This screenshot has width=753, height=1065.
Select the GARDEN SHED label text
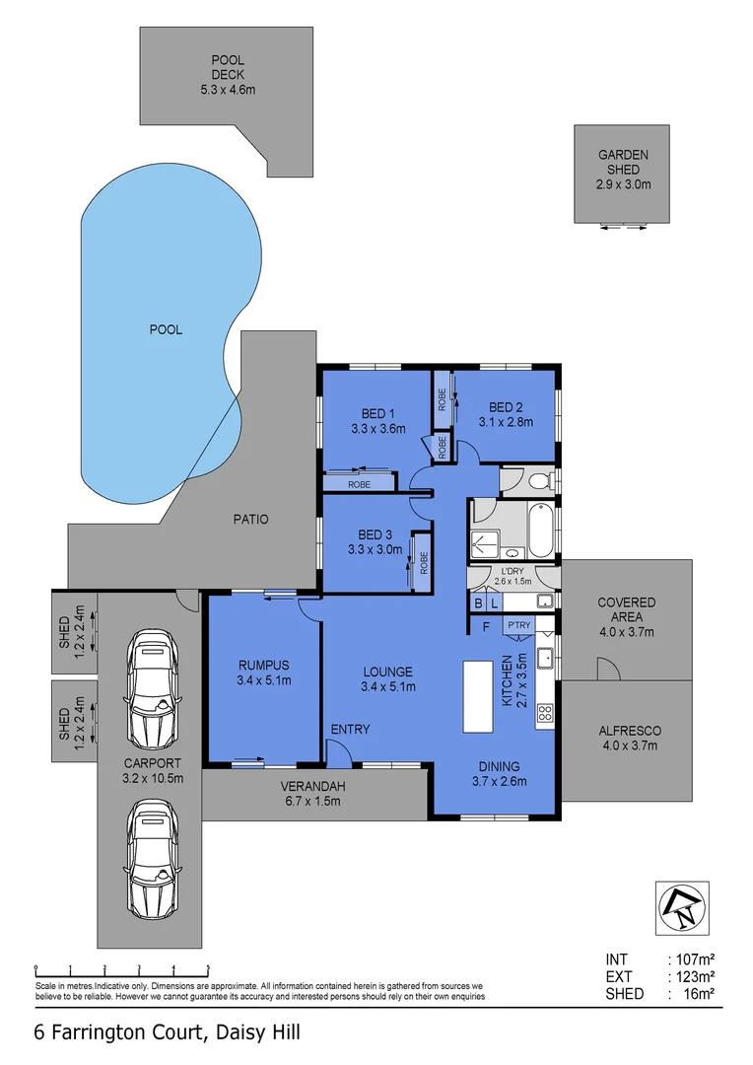click(623, 170)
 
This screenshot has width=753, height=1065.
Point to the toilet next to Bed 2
click(537, 481)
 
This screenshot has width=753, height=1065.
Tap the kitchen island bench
click(477, 696)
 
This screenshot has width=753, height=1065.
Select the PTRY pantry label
click(517, 625)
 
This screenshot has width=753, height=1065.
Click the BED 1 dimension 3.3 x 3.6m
click(377, 429)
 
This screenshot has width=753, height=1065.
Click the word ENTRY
click(350, 730)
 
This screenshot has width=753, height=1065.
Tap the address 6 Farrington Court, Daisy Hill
click(167, 1032)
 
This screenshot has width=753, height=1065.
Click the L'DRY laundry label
click(512, 576)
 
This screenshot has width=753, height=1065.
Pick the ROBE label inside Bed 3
click(424, 561)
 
